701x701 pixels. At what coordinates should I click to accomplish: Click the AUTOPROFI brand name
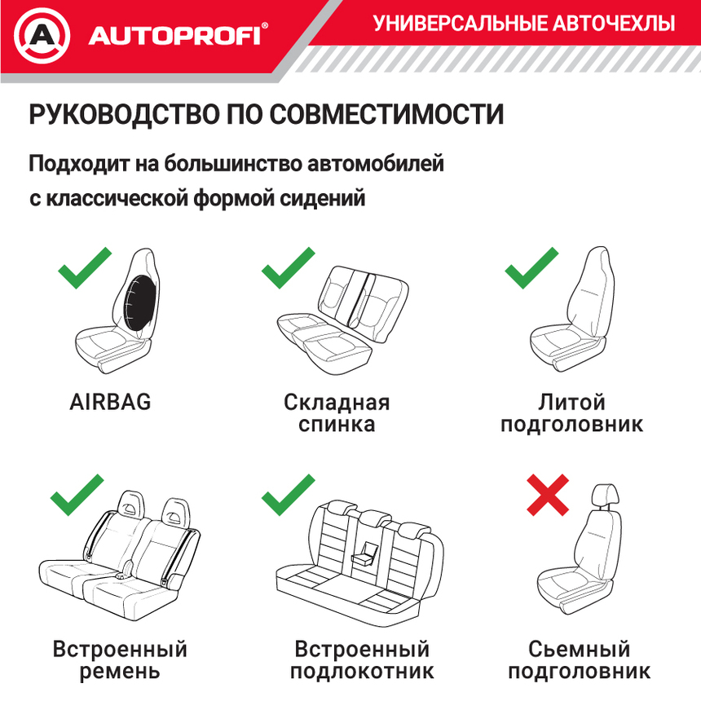[x=174, y=35]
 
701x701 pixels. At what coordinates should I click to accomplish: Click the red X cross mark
[x=548, y=496]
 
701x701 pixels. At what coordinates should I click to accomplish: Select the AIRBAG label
[x=111, y=402]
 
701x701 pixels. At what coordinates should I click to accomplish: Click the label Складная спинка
[x=337, y=413]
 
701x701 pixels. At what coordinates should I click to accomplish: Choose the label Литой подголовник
[x=571, y=413]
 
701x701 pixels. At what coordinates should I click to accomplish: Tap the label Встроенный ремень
[x=120, y=660]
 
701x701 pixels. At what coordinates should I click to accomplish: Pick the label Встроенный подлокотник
[x=362, y=660]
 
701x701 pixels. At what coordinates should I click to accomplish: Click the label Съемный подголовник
[x=579, y=660]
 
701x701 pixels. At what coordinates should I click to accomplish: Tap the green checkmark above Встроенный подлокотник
[x=288, y=493]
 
